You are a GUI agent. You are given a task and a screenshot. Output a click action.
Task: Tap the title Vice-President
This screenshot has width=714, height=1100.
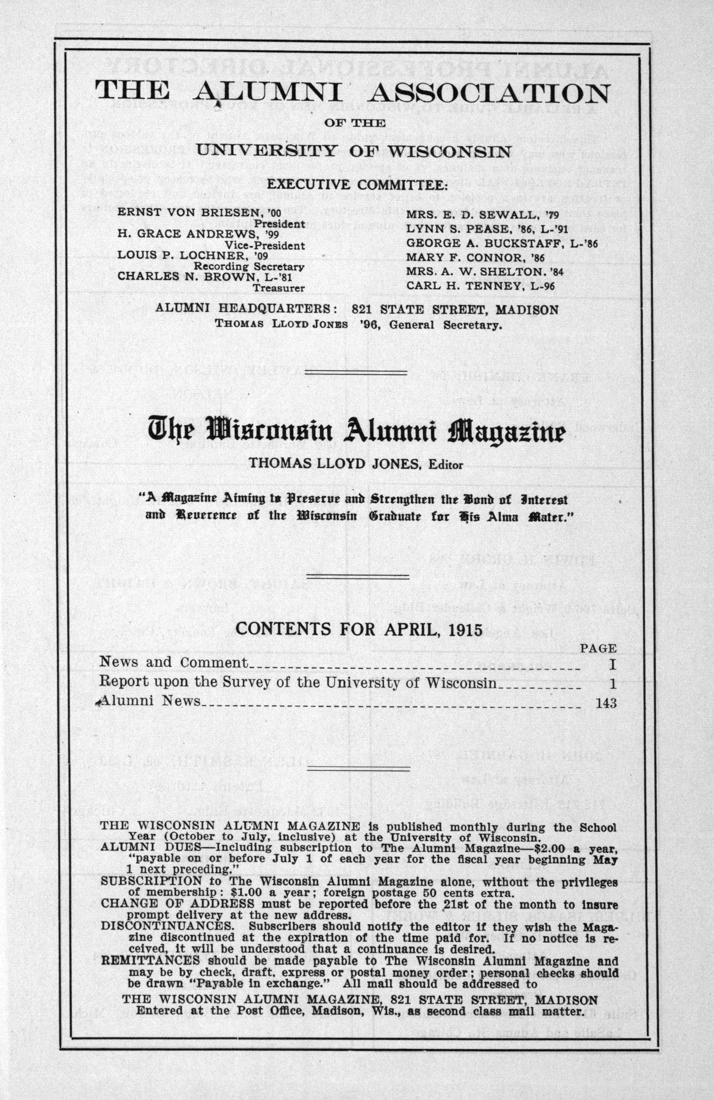click(x=264, y=246)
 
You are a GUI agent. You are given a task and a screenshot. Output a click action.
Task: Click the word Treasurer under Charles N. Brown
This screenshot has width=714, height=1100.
click(x=278, y=288)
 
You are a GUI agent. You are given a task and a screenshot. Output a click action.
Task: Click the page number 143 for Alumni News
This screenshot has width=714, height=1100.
click(x=606, y=703)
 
